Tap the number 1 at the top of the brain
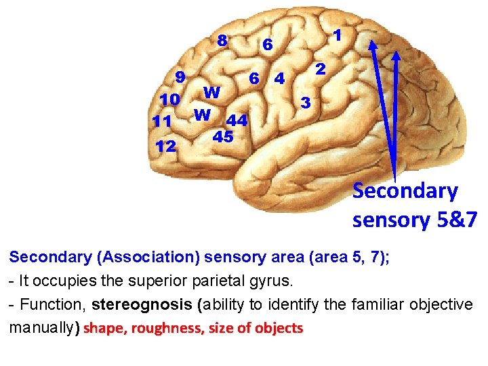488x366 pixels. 337,34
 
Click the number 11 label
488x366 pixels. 162,122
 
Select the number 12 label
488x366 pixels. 166,146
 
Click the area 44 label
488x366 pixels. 237,121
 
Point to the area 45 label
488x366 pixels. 223,136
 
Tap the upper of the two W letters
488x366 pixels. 211,91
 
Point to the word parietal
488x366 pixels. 230,281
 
